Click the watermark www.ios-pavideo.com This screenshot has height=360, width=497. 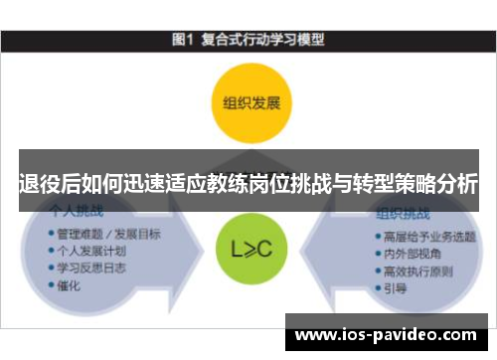387,334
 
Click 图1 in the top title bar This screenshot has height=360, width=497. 181,40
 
